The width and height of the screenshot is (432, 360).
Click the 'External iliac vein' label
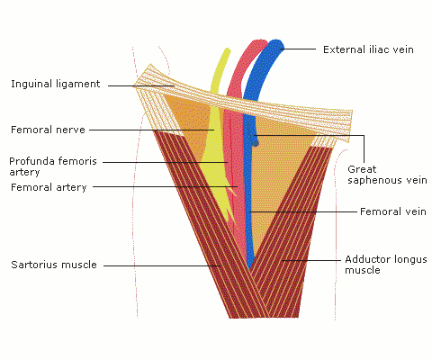click(x=368, y=49)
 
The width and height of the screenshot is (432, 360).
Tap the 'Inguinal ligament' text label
click(x=56, y=84)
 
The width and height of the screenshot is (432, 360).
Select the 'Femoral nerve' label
click(x=48, y=130)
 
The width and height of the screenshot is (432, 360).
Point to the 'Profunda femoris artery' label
click(x=53, y=166)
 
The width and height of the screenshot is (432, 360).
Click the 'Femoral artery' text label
click(x=49, y=187)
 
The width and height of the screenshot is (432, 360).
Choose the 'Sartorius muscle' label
click(x=54, y=265)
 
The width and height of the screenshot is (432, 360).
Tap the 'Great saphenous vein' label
click(x=387, y=175)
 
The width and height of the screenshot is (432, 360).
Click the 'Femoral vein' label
click(x=393, y=211)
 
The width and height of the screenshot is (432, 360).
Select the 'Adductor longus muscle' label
click(x=386, y=265)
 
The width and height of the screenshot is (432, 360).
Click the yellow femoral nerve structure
click(x=214, y=150)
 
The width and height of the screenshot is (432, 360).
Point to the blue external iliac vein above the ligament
click(x=263, y=69)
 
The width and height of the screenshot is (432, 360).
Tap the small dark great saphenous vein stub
click(x=255, y=139)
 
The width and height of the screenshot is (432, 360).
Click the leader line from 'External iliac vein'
click(x=298, y=49)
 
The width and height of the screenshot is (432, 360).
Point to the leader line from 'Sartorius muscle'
click(x=162, y=265)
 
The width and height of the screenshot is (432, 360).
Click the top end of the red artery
click(x=258, y=42)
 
